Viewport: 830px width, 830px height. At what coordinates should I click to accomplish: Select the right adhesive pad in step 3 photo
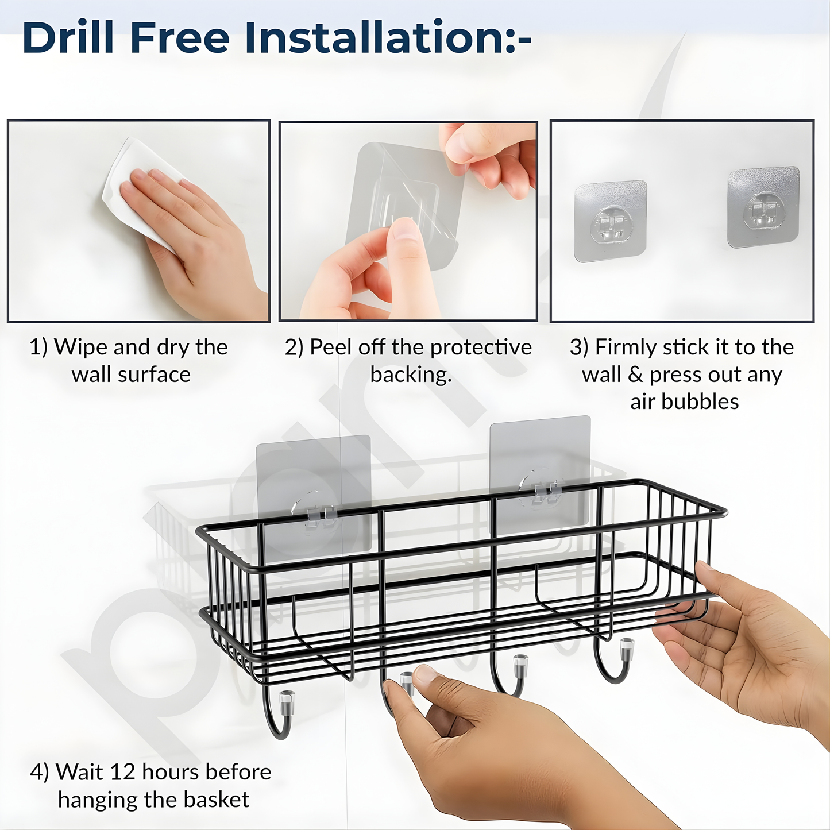763,207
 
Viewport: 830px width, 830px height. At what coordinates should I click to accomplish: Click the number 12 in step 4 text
121,772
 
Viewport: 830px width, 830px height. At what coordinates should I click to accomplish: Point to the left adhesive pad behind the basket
313,494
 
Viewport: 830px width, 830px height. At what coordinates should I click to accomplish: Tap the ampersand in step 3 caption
635,375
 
